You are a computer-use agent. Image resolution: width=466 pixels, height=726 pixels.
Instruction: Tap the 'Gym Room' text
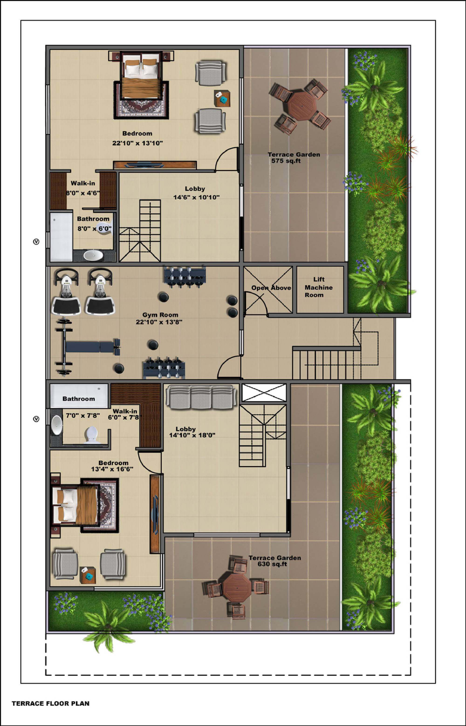pyautogui.click(x=160, y=315)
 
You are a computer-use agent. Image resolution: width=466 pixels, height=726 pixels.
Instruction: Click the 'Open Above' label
pyautogui.click(x=271, y=288)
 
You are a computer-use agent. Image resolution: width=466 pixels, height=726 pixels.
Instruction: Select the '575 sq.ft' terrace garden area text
pyautogui.click(x=286, y=161)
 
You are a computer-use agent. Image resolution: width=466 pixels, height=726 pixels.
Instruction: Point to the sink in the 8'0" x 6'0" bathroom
pyautogui.click(x=93, y=255)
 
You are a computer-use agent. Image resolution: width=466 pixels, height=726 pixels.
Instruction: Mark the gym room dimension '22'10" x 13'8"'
pyautogui.click(x=159, y=322)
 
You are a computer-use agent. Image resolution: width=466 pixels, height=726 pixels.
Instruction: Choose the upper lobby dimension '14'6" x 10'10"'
pyautogui.click(x=196, y=197)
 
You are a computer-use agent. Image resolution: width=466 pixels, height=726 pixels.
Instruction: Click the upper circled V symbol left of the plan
pyautogui.click(x=36, y=242)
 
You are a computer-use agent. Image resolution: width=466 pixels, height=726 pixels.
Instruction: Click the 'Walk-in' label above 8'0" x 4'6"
pyautogui.click(x=83, y=183)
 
